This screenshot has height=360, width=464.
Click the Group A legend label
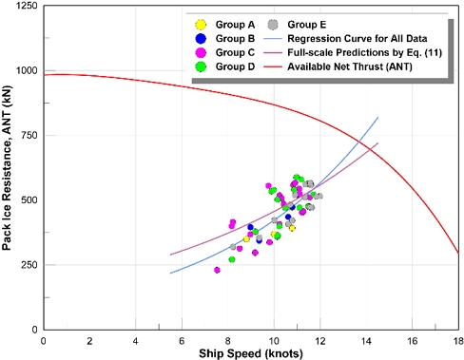pos(237,24)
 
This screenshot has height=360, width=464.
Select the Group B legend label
pos(237,38)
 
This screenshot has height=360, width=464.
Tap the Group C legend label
pos(237,52)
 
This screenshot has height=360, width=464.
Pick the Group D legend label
pos(237,66)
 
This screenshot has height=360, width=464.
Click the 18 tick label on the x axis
pos(457,339)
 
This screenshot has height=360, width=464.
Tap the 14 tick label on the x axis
pos(366,339)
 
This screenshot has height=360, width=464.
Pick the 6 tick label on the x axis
pos(182,339)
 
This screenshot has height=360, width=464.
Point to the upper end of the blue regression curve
pos(377,118)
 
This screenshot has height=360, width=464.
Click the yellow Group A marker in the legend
pos(197,24)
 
